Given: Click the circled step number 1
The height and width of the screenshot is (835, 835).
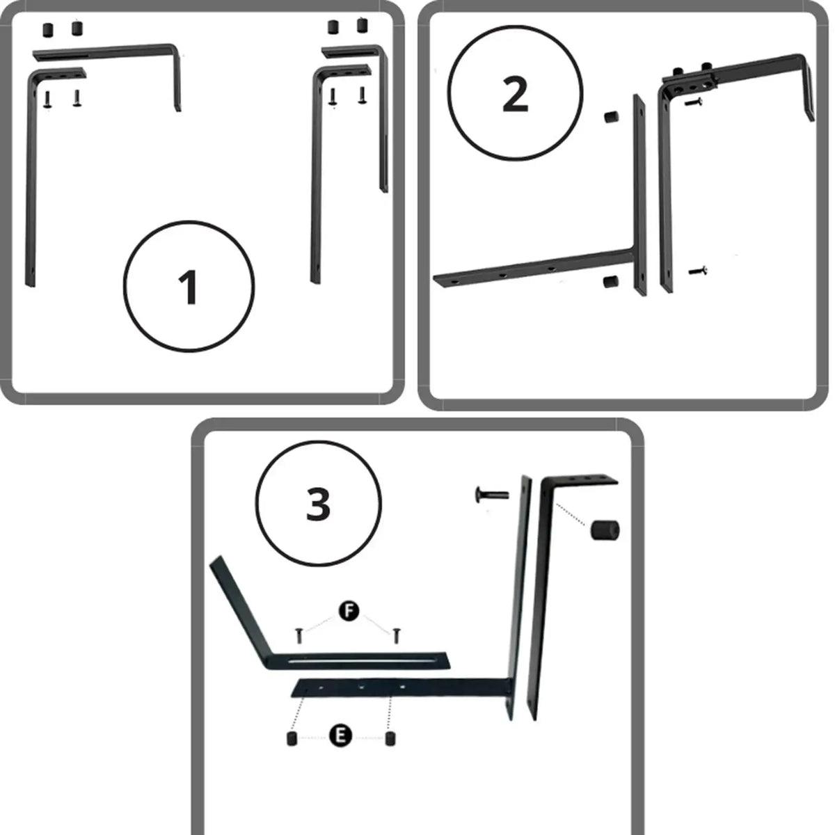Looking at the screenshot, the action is [x=189, y=287].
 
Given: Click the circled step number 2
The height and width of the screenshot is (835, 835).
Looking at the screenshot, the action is [x=515, y=93].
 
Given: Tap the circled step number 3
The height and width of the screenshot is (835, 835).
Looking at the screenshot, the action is [x=319, y=504].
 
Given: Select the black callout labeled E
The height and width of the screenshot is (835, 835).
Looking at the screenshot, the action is [x=340, y=735].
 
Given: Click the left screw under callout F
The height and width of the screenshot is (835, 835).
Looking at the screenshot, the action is [x=299, y=636].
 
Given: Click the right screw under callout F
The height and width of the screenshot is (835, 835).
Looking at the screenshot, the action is [x=396, y=636].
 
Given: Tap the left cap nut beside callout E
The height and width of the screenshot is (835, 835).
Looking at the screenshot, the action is [x=292, y=738].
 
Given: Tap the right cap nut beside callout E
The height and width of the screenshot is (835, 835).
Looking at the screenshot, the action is [x=390, y=738].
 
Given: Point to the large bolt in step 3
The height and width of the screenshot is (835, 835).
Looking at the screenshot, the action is [x=492, y=494].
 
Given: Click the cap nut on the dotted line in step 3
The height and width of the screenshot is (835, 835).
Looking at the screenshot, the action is [x=605, y=530].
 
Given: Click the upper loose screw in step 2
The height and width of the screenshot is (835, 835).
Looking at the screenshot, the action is [x=694, y=102].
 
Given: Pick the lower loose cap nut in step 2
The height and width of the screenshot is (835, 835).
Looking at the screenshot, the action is [x=610, y=281].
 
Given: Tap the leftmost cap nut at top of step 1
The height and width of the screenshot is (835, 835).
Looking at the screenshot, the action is [x=48, y=30].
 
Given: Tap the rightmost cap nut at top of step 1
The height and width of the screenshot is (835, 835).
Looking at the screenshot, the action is [x=363, y=25].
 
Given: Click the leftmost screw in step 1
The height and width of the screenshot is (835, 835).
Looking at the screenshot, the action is [x=48, y=100].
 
